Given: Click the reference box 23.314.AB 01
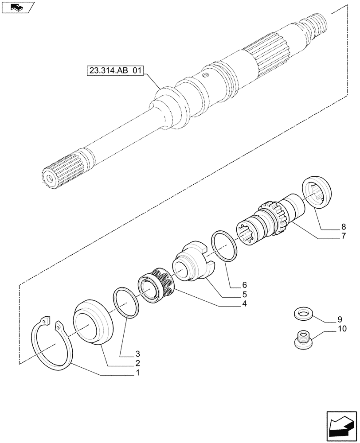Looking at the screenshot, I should [113, 70].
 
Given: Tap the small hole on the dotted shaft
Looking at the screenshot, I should [206, 75].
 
